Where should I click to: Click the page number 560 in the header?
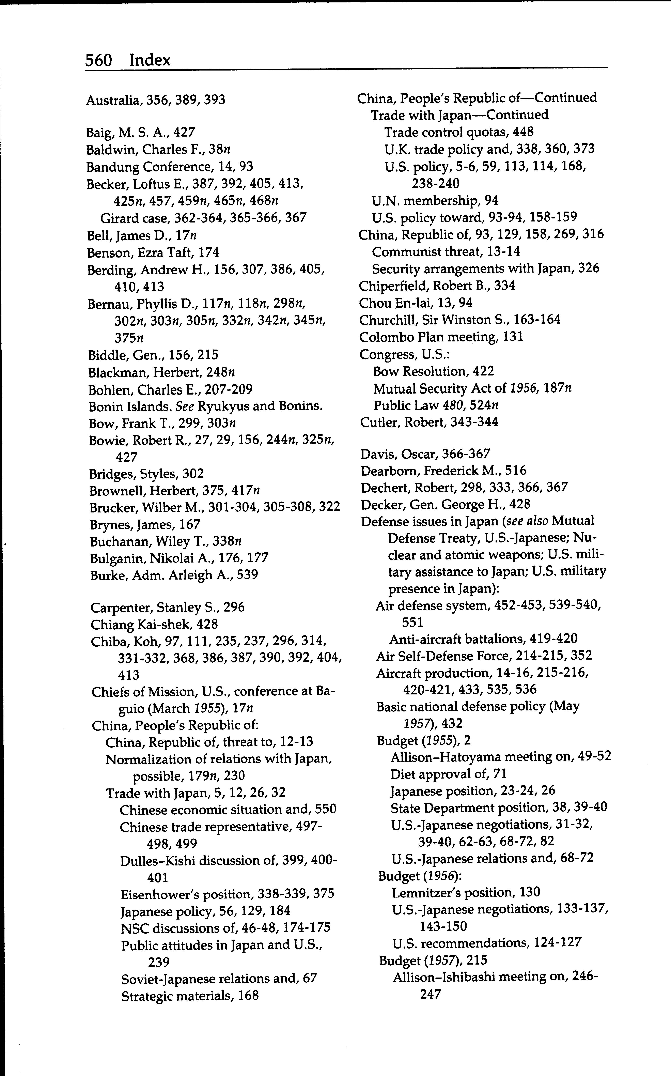pyautogui.click(x=98, y=60)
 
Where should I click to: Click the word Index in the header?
pyautogui.click(x=150, y=60)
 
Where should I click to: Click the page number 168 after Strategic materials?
pyautogui.click(x=248, y=996)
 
